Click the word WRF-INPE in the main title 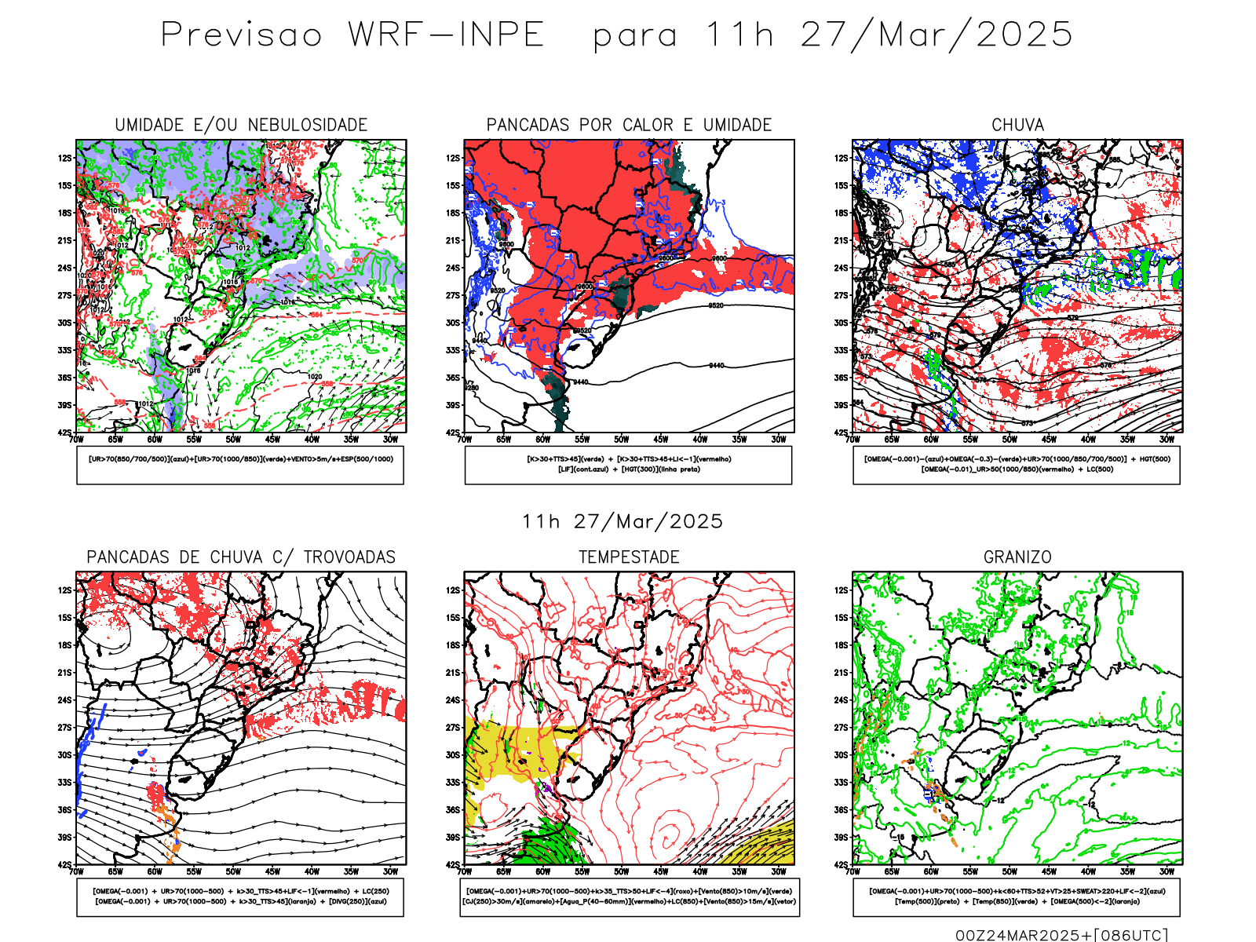pos(446,35)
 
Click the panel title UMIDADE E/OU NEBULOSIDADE pos(241,125)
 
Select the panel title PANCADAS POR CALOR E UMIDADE pos(629,125)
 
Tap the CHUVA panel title pos(1017,125)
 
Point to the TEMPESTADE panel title pos(629,557)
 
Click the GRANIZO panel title pos(1017,557)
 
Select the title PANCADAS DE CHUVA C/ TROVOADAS pos(241,557)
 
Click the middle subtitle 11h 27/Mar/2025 pos(623,521)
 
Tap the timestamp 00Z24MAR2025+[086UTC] pos(1061,934)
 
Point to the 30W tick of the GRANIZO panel pos(1167,871)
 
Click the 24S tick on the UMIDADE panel pos(64,268)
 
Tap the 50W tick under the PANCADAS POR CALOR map pos(622,440)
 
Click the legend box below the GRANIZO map pos(1017,896)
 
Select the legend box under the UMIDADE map pos(240,465)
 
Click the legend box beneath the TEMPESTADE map pos(629,896)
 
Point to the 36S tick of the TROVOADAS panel pos(64,810)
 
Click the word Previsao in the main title pos(242,35)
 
